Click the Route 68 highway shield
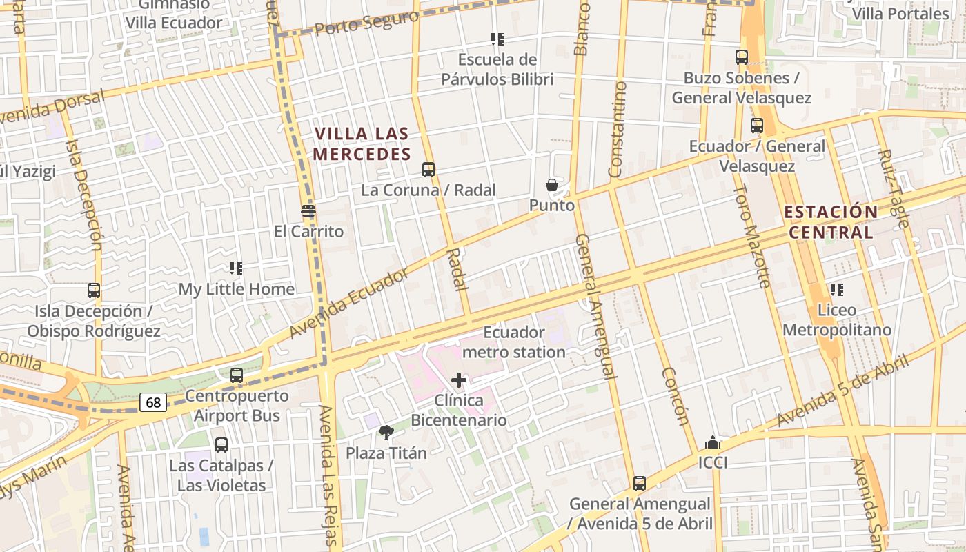click(x=153, y=402)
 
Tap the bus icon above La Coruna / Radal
click(x=428, y=170)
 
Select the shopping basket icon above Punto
click(x=552, y=185)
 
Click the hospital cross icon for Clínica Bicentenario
click(x=459, y=380)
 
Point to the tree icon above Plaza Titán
click(x=386, y=433)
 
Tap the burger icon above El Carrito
click(x=308, y=211)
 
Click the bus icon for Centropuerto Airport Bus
click(x=237, y=375)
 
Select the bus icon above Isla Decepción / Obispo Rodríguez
click(x=94, y=290)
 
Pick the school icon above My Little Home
click(x=236, y=268)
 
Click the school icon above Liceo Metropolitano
click(x=837, y=290)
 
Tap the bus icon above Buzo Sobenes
click(x=742, y=58)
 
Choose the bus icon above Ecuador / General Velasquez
click(x=757, y=126)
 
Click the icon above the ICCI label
click(x=713, y=442)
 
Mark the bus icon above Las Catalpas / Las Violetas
click(x=221, y=445)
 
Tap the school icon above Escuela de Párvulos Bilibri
click(x=497, y=39)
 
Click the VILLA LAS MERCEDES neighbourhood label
click(x=362, y=144)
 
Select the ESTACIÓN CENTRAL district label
click(x=831, y=221)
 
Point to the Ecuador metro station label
click(x=514, y=342)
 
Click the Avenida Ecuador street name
click(x=348, y=304)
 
